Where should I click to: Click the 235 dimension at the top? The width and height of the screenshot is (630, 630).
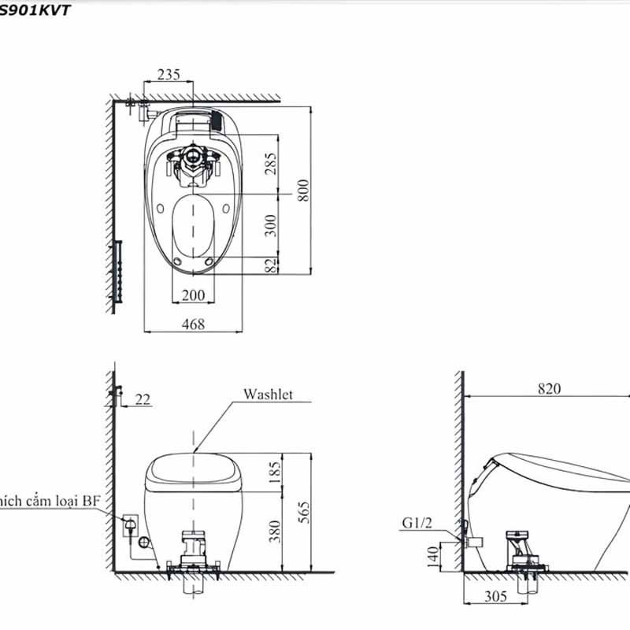(169, 75)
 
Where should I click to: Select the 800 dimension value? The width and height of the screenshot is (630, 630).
(304, 189)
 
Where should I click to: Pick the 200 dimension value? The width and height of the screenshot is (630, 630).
(193, 295)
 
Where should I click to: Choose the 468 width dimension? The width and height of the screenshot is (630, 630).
(192, 324)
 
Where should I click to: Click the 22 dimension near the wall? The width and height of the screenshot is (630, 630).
(143, 400)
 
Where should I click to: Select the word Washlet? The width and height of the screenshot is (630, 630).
(268, 394)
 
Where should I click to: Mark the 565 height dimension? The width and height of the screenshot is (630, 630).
(304, 512)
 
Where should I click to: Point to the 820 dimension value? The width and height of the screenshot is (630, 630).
(550, 388)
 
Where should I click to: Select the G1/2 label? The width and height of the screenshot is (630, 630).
(417, 522)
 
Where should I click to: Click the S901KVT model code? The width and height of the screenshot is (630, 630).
(35, 10)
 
